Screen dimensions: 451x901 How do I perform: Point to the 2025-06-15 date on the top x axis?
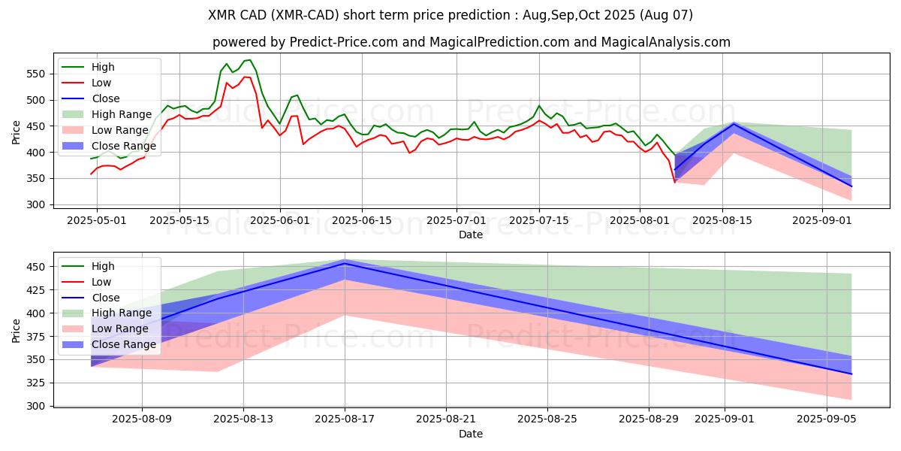pos(362,220)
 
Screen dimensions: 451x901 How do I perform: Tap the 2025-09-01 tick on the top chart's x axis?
pos(822,220)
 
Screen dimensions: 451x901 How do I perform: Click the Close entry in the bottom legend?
pos(105,298)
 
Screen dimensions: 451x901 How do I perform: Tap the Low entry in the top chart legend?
pos(102,83)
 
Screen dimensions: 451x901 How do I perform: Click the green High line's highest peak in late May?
pos(250,60)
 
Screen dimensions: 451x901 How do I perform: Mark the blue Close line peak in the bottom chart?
pos(345,263)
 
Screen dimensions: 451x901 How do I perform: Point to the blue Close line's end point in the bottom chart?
pos(851,374)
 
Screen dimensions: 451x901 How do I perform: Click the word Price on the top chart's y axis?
pos(17,132)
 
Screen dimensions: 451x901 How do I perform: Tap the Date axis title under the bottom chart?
pos(471,434)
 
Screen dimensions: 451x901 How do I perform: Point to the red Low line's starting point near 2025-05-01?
pos(92,174)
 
